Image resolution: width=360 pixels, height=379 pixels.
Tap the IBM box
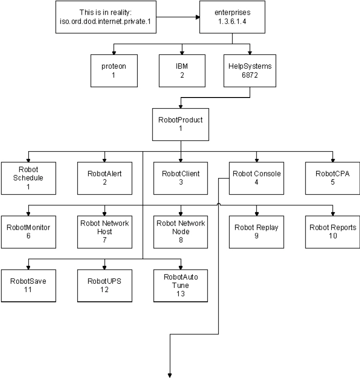pos(181,70)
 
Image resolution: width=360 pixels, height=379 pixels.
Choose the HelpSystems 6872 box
pos(250,70)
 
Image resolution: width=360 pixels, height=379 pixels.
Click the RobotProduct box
pos(181,123)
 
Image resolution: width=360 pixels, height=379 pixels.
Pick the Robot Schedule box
pos(28,177)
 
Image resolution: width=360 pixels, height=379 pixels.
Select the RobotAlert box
pos(104,177)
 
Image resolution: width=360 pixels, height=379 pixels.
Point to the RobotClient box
pos(181,177)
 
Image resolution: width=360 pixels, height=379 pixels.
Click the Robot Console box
pos(256,177)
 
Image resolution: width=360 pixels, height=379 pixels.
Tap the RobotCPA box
pos(332,177)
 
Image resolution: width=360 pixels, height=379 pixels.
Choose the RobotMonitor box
pos(28,231)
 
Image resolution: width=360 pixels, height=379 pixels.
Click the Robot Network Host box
pos(104,231)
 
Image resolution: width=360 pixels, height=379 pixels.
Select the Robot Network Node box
pos(181,231)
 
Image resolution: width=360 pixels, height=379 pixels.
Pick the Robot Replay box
pos(256,231)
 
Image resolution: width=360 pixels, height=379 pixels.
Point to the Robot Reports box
pos(332,231)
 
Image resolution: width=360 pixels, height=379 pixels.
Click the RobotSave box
pos(28,285)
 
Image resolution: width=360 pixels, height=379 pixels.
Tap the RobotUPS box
pos(104,285)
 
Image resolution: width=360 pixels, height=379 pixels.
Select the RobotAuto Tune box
pos(181,285)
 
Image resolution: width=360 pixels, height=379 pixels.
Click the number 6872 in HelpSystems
pos(250,74)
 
